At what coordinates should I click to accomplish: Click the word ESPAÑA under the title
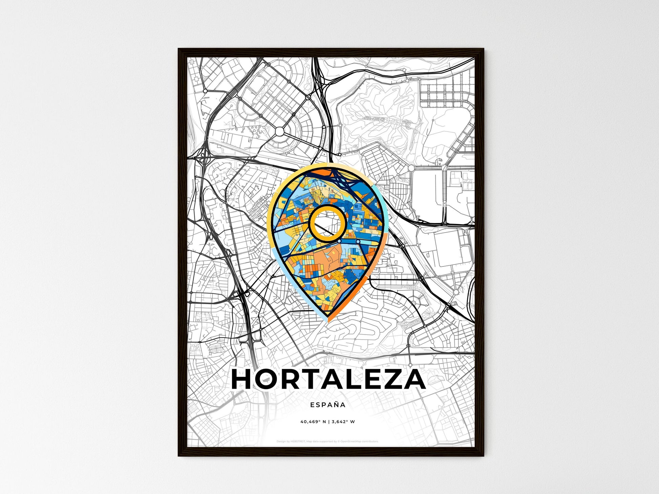click(327, 405)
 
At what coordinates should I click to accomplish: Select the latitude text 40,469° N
click(313, 422)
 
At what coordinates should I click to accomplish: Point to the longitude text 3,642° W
click(343, 422)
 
